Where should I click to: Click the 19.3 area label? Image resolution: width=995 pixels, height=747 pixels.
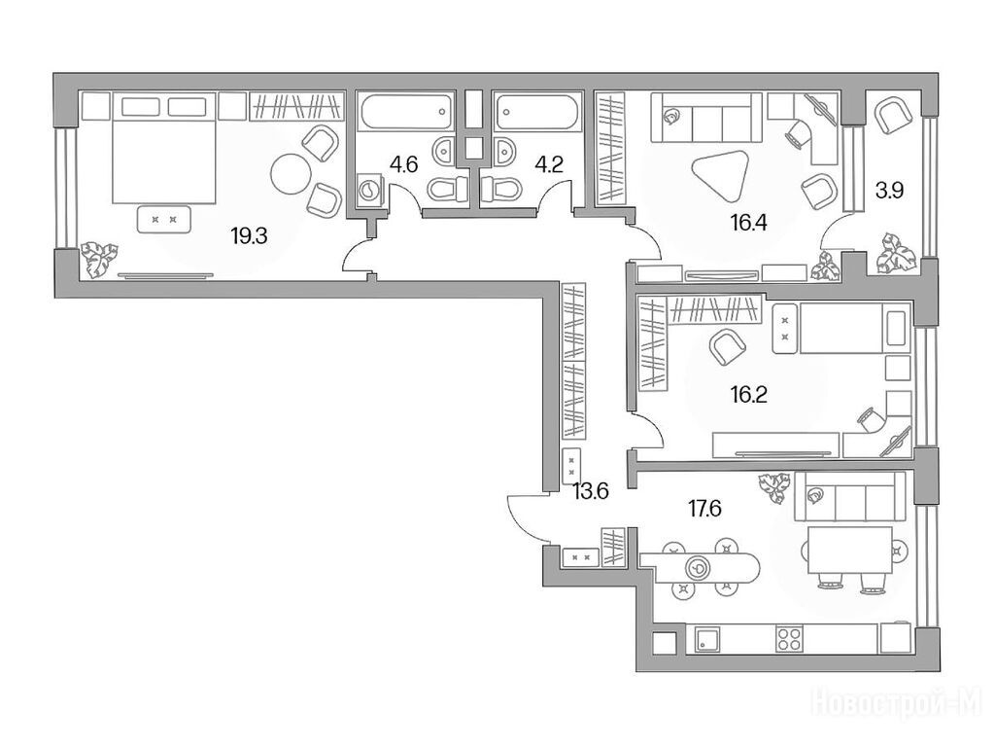[x=249, y=237]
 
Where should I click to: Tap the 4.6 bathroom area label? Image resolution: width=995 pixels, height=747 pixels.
[x=403, y=165]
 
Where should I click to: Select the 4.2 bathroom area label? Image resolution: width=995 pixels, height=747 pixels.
[x=549, y=165]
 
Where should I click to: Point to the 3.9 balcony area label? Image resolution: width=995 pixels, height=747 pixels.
[x=889, y=190]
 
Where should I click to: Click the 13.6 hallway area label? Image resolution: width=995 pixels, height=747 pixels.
[x=591, y=491]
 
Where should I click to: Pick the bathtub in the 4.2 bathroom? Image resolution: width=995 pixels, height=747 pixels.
[x=538, y=113]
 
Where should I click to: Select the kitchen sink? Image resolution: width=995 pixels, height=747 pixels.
[x=707, y=639]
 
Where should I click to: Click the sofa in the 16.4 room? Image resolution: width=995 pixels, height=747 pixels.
[x=706, y=118]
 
